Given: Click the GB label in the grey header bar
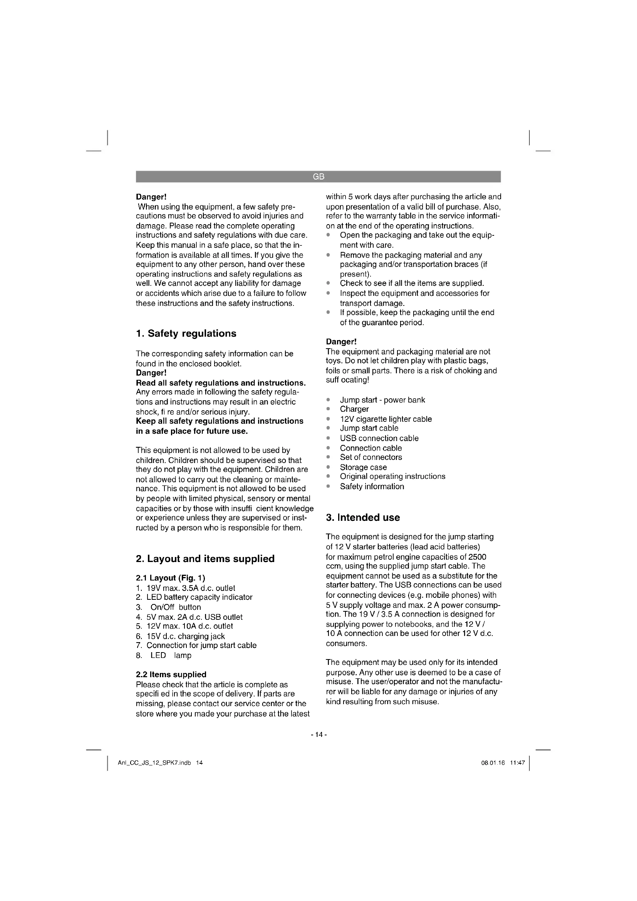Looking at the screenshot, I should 318,177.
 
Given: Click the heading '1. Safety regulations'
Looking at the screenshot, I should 186,334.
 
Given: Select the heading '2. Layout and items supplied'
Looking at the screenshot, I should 205,559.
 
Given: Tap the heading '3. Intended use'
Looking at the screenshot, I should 363,518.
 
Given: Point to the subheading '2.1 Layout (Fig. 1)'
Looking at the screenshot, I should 170,578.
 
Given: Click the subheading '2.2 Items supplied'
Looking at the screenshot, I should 171,674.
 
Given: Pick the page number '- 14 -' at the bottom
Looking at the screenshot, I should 318,735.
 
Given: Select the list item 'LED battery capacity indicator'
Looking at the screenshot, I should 199,597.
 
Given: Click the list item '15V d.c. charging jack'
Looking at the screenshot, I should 186,636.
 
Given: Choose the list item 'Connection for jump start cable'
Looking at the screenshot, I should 201,646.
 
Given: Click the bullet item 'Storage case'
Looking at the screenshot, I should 363,467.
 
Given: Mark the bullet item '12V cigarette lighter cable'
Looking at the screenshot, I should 386,419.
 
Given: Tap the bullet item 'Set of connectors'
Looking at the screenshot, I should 370,457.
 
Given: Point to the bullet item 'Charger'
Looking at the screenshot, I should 354,409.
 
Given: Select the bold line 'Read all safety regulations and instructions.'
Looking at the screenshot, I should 220,383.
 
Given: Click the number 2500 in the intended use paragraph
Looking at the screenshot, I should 477,557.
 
